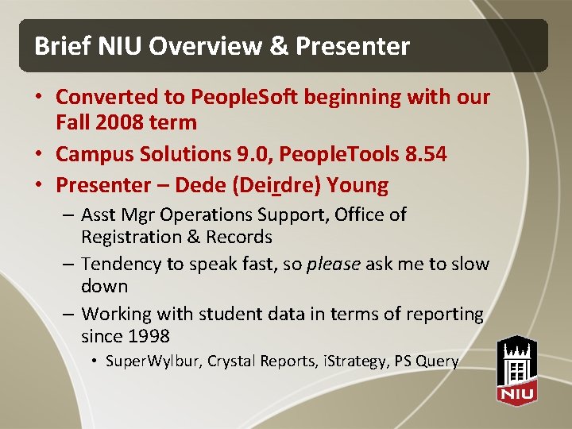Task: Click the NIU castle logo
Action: pyautogui.click(x=516, y=369)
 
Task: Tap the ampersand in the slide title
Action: pyautogui.click(x=279, y=47)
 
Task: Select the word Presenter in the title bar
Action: pyautogui.click(x=353, y=47)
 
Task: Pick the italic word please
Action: pyautogui.click(x=334, y=264)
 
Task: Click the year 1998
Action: pyautogui.click(x=148, y=336)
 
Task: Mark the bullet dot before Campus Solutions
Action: pyautogui.click(x=38, y=154)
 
